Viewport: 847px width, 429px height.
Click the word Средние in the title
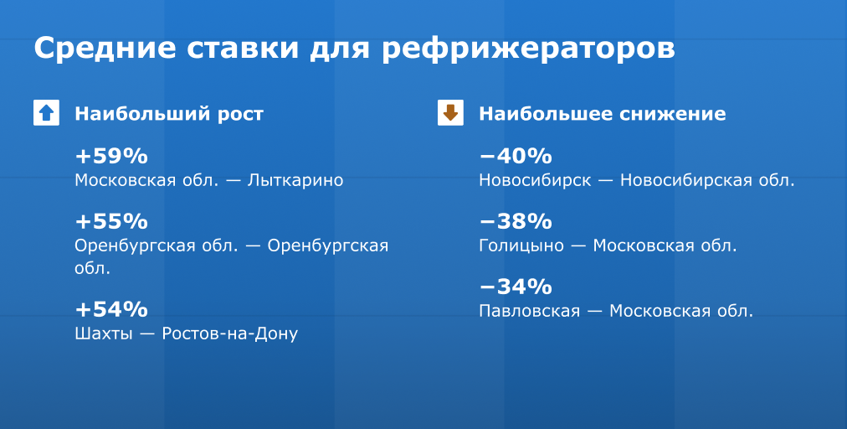click(105, 48)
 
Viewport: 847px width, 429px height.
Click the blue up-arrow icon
click(47, 112)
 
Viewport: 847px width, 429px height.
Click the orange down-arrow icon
click(450, 112)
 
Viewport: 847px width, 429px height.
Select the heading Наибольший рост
click(169, 114)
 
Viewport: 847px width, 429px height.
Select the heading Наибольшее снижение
click(603, 114)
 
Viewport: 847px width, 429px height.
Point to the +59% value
click(111, 157)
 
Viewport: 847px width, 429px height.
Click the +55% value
click(111, 221)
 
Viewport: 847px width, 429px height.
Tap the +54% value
click(111, 309)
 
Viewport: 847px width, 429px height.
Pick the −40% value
click(516, 157)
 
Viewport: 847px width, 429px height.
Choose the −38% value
click(516, 221)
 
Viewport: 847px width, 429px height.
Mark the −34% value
click(516, 287)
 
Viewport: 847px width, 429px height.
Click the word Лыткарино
click(295, 181)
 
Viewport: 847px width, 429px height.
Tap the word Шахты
click(104, 333)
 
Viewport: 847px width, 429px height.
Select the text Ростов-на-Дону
click(230, 333)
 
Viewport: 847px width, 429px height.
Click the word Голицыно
click(521, 246)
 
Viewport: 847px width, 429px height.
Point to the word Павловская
click(529, 311)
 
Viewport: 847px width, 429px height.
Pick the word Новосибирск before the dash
click(536, 181)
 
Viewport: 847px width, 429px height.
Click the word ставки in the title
click(243, 48)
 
